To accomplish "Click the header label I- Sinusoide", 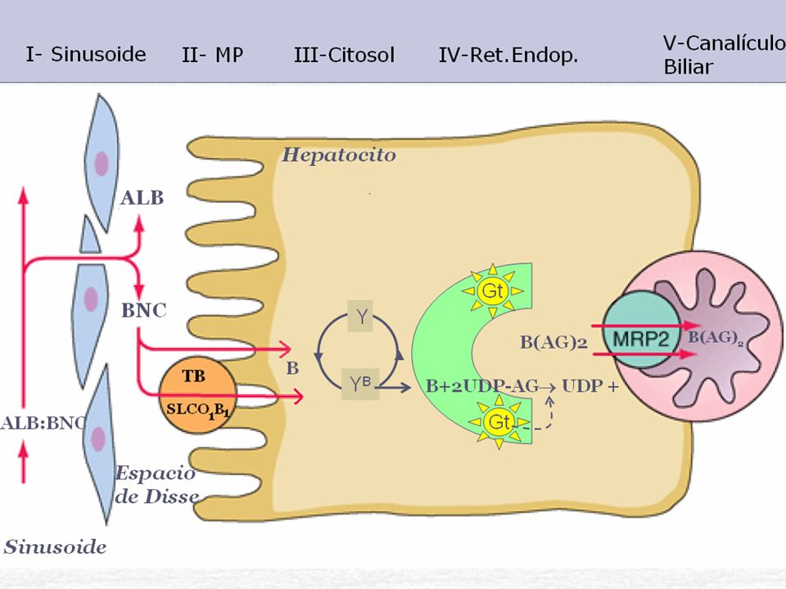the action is (x=86, y=54).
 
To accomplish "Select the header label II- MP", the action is (x=213, y=55).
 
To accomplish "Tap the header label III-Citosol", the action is (x=345, y=55).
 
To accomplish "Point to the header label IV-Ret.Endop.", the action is (x=508, y=55).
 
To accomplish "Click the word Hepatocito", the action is (x=339, y=155).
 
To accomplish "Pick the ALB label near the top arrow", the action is (x=142, y=198).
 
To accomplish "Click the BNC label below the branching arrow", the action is (x=144, y=311).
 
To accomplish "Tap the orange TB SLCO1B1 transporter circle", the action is (x=197, y=394).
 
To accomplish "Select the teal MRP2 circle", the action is (x=642, y=329).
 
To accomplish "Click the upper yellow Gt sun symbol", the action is (x=492, y=290).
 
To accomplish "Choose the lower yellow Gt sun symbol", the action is (x=499, y=422).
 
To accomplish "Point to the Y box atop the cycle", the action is (x=360, y=316).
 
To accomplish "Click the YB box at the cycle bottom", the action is (x=360, y=384).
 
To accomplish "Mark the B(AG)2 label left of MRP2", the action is (x=553, y=342).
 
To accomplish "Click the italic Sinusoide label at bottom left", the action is (x=55, y=546).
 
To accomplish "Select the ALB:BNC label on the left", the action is (x=43, y=423).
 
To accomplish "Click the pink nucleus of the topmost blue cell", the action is (x=102, y=164).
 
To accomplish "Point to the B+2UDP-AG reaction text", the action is (x=482, y=386).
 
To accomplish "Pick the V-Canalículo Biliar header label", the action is (x=725, y=55).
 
